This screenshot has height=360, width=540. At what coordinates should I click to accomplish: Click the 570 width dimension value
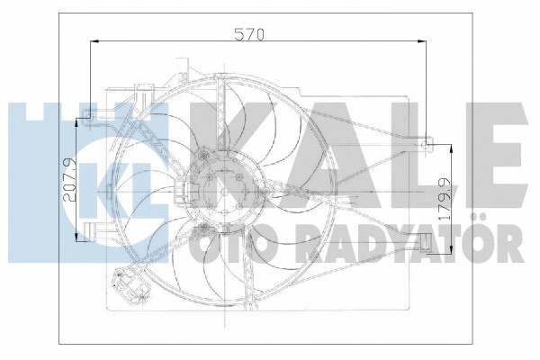click(248, 35)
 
